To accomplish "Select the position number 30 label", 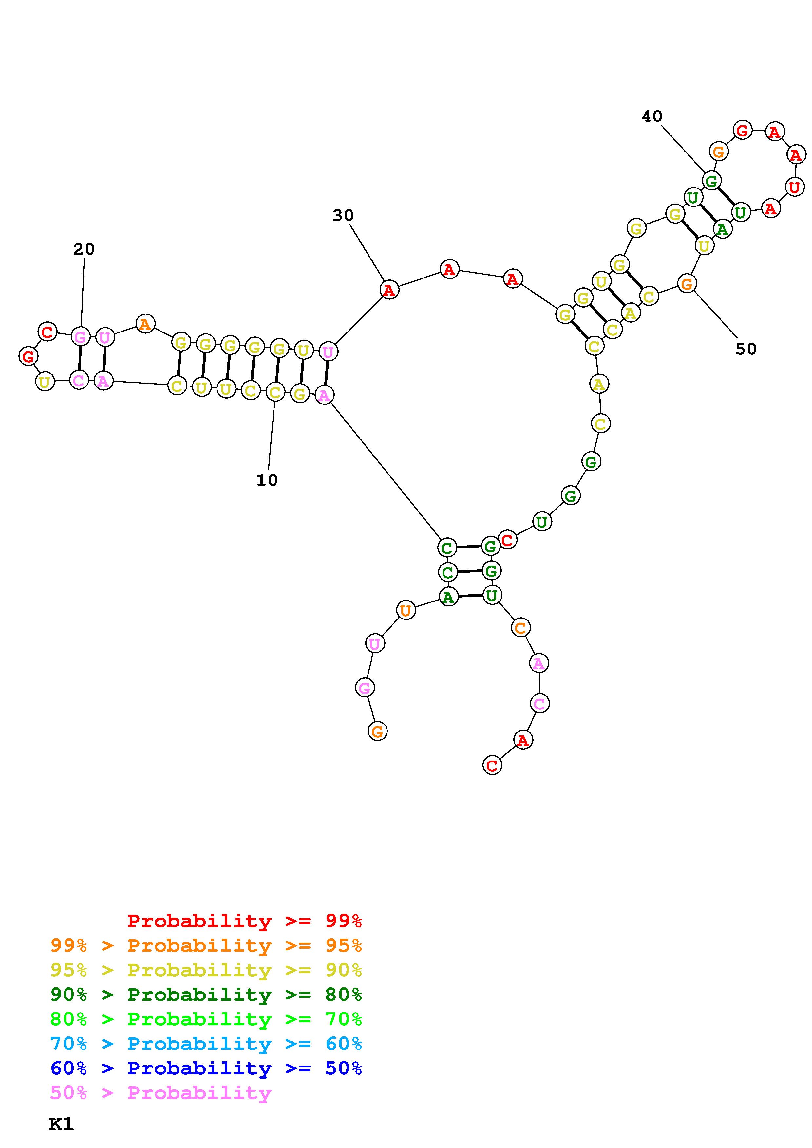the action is [343, 216].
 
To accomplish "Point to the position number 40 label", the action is [652, 117].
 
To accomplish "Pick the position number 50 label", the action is [746, 349].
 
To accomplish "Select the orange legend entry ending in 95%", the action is [206, 945].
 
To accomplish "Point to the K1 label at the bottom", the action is [62, 1124].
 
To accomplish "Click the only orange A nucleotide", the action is [145, 324].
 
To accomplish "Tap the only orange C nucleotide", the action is [520, 627].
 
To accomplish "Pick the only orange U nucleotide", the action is [406, 611].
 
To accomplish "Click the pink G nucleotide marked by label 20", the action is [80, 336].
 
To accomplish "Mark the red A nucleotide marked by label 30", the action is [389, 290].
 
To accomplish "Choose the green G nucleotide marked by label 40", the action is [711, 181].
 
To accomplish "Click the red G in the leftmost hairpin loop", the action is [28, 356].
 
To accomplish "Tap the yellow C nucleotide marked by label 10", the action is [275, 392].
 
